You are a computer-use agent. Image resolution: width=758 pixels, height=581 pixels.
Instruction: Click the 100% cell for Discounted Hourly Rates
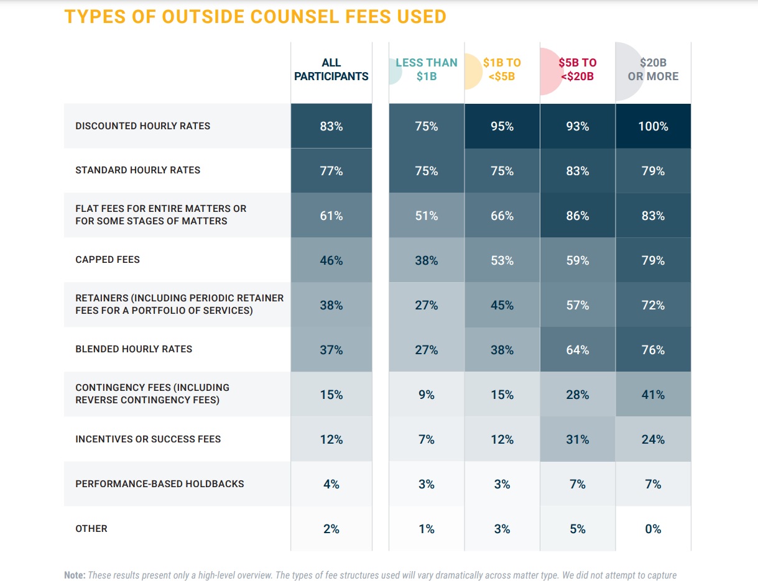653,126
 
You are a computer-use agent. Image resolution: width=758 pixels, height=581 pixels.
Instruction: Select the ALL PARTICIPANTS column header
331,70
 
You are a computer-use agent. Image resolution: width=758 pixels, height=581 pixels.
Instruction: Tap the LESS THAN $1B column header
426,70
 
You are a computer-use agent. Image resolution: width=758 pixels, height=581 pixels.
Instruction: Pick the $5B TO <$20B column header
577,70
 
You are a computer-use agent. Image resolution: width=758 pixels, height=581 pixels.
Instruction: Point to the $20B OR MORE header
653,70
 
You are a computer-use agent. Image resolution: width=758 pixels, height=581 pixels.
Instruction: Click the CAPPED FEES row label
108,260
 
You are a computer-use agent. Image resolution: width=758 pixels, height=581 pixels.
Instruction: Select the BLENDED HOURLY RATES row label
134,349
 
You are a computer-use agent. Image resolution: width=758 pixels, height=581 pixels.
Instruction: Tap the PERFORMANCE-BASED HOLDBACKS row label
160,483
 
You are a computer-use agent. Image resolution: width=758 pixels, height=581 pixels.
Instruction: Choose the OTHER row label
91,528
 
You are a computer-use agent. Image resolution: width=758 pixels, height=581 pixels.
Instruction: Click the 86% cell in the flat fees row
577,216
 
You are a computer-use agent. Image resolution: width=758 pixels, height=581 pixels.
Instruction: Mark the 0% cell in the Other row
653,529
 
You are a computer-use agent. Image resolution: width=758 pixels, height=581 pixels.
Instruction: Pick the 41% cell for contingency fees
653,395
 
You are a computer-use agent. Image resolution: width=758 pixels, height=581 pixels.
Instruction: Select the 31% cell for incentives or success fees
577,439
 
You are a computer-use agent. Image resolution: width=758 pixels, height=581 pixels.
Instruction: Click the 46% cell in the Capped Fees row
331,260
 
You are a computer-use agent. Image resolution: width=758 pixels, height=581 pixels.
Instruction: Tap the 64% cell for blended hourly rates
577,350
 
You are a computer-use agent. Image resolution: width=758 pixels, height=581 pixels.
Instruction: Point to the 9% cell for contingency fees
426,395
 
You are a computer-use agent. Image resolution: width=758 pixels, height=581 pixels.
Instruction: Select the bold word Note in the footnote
75,575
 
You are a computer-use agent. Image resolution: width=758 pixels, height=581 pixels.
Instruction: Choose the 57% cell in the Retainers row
577,305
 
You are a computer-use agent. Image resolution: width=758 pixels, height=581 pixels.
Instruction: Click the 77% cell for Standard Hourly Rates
331,171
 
